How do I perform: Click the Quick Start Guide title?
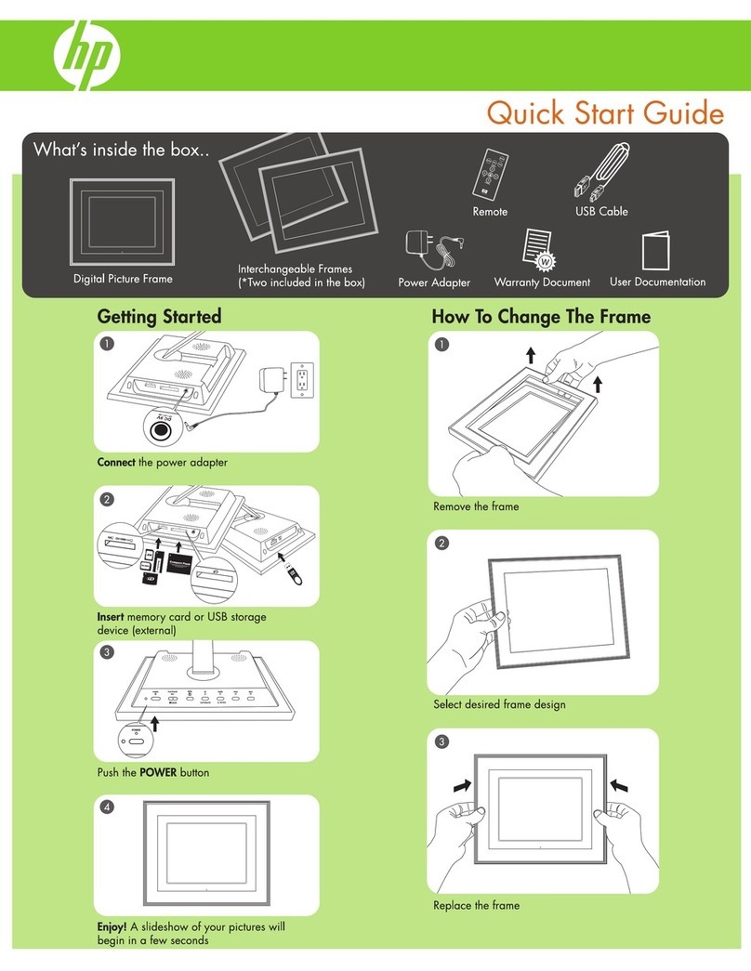[603, 113]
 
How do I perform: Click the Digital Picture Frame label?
[123, 278]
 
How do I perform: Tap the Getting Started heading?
[159, 317]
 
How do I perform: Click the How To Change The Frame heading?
[541, 317]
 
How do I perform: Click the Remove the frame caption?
[476, 507]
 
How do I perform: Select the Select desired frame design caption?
[499, 704]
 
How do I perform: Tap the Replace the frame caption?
[476, 904]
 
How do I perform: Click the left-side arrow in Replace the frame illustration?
[462, 785]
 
